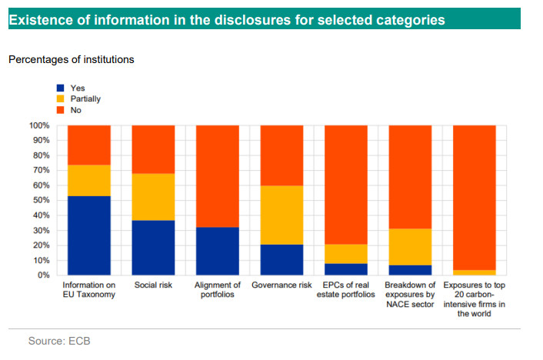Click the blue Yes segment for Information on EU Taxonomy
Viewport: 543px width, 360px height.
pos(88,235)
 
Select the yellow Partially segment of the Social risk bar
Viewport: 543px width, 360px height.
pos(153,197)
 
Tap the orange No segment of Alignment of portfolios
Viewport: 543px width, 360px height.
pos(217,176)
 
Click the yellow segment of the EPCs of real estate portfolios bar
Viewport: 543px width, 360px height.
pos(345,254)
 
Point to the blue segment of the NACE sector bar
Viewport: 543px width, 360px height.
pos(409,269)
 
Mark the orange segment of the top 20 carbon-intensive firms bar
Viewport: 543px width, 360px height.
pos(474,197)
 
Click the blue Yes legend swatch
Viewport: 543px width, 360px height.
pos(60,88)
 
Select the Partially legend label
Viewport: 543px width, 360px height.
pos(85,99)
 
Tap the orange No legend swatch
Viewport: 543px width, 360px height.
pos(60,110)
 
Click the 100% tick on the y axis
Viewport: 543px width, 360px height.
pos(39,125)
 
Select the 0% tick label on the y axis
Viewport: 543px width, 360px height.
pos(44,275)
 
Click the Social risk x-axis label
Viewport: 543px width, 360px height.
pos(153,285)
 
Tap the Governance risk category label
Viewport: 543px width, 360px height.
pos(281,285)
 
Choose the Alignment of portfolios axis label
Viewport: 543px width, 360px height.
pos(217,290)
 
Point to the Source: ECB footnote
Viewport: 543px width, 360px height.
pos(59,340)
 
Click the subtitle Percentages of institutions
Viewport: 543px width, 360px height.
pos(71,59)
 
